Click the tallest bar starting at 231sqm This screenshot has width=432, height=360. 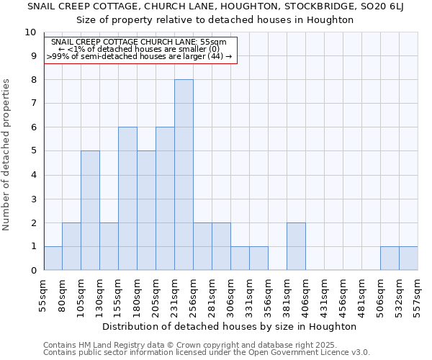184,175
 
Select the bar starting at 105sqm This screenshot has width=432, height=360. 90,210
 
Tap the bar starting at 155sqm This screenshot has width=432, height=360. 127,199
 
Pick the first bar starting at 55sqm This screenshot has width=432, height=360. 53,258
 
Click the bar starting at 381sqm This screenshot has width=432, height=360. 296,246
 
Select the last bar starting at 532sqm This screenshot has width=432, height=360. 408,258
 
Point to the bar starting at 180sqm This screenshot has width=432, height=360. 146,210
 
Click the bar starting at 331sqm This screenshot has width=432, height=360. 258,258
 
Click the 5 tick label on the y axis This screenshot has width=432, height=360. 32,151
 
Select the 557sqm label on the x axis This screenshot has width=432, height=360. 418,295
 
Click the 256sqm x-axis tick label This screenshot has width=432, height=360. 194,295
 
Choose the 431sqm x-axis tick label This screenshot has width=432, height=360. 325,295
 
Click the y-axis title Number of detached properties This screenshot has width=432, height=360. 6,155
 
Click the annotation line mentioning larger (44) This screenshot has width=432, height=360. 140,56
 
